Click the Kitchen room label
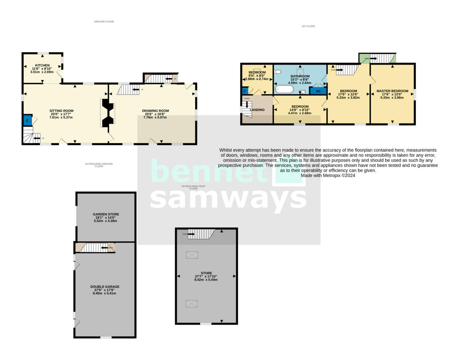(42, 65)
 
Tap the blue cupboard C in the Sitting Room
(27, 120)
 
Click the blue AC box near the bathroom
(318, 91)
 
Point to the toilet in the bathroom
(278, 71)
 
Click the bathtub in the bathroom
(284, 89)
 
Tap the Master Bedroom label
(392, 91)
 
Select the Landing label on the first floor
(257, 110)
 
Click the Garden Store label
(105, 215)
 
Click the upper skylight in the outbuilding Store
(192, 255)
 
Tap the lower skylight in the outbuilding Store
(192, 303)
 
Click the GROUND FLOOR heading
(104, 22)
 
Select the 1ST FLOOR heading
(308, 26)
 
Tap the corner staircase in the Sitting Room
(29, 135)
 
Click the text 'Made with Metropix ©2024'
(328, 176)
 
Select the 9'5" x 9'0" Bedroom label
(257, 73)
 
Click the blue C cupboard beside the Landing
(244, 91)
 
